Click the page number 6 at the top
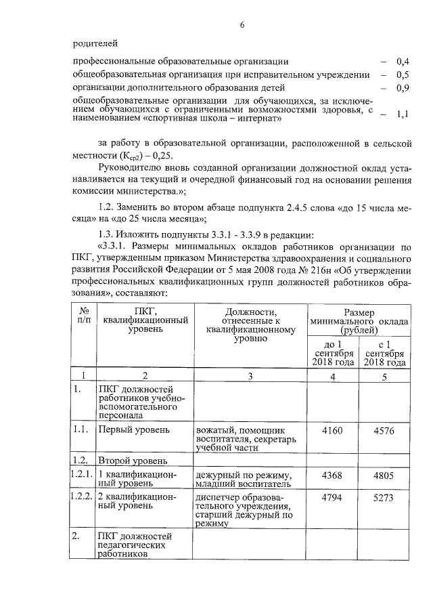(x=242, y=26)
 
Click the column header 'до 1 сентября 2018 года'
(x=333, y=353)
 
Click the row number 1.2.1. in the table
(x=82, y=474)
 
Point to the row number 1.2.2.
(x=82, y=498)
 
